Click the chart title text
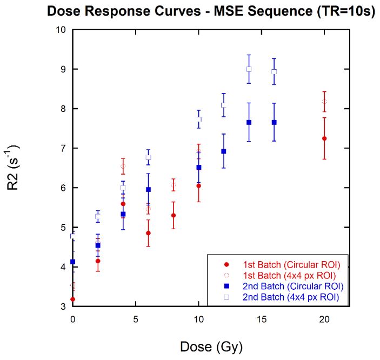pos(211,11)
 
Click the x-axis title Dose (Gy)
pos(211,344)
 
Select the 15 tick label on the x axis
pos(261,319)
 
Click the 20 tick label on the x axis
pos(324,319)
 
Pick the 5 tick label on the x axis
pos(136,319)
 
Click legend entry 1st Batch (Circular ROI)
pos(284,264)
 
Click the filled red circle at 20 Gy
pos(324,138)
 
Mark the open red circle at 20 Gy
pos(324,102)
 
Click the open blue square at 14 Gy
pos(249,69)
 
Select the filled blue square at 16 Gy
pos(274,122)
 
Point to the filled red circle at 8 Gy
pos(174,215)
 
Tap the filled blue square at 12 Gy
pos(224,151)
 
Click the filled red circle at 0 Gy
pos(73,299)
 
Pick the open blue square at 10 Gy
pos(198,119)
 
